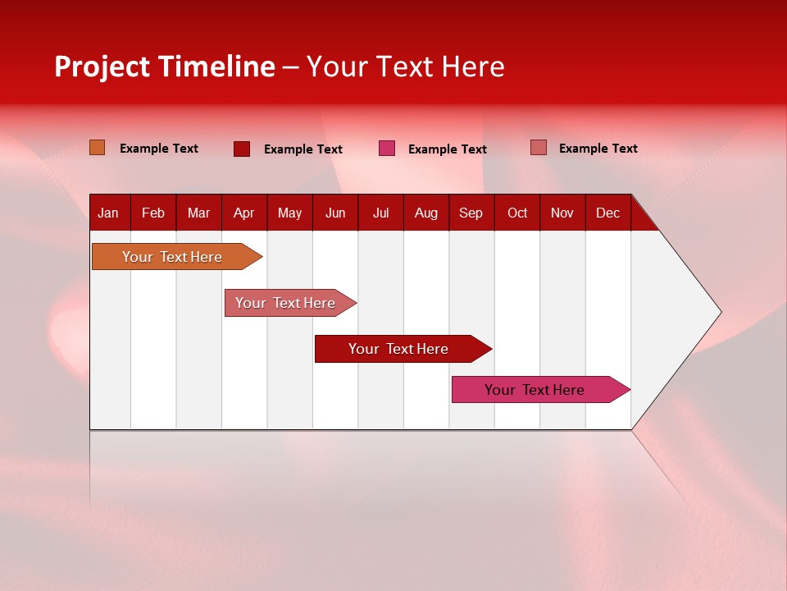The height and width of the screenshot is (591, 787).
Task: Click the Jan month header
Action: coord(108,213)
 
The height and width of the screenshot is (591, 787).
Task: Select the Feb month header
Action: coord(153,213)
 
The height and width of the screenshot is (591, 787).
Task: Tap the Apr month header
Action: coord(243,213)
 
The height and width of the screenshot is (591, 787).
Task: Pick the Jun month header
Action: coord(335,213)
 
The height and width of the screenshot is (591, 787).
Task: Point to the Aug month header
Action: coord(425,213)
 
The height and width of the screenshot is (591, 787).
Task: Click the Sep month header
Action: coord(471,213)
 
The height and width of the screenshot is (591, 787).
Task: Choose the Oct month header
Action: coord(517,213)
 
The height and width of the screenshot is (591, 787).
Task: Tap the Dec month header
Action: coord(607,213)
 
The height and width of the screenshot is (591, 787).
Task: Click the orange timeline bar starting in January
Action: coord(172,257)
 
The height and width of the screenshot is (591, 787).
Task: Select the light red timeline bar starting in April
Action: coord(285,303)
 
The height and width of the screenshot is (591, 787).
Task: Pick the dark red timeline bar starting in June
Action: coord(398,349)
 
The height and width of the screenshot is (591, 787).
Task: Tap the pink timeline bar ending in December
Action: coord(535,390)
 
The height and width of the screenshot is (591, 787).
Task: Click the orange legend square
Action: coord(98,148)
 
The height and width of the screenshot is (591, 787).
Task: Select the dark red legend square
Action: coord(242,149)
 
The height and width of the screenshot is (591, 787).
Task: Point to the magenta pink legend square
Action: coord(387,149)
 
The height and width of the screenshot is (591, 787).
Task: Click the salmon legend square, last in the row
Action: coord(539,148)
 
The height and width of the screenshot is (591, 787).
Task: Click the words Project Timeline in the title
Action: coord(165,66)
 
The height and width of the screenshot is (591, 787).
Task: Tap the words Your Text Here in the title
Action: coord(406,66)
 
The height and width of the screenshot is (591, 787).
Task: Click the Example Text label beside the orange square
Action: coord(159,149)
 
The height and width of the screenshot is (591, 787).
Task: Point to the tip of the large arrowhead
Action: coord(720,312)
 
